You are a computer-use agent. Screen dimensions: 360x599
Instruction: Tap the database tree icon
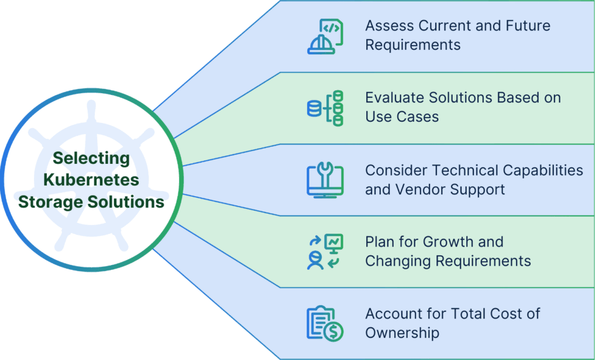pos(325,108)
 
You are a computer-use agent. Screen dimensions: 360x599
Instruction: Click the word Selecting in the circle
pos(91,158)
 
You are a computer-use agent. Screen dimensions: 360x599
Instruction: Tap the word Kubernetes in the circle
pos(91,180)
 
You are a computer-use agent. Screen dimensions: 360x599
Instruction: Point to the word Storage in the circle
pos(56,202)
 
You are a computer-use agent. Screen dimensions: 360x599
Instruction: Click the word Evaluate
pos(392,98)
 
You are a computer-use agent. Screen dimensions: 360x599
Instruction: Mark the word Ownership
pos(402,333)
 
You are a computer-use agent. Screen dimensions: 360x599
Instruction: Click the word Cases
pos(419,117)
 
